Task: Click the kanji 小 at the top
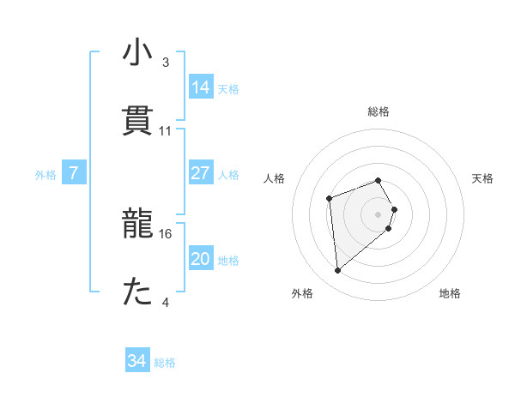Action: coord(137,53)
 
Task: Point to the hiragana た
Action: coord(137,293)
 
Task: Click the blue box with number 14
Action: coord(201,87)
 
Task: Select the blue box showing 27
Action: coord(201,173)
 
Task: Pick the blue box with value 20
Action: coord(201,259)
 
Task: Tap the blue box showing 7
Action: coord(74,173)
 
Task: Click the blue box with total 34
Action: coord(137,361)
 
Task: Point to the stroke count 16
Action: coord(167,233)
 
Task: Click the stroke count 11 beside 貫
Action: coord(166,130)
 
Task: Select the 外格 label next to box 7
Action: coord(45,175)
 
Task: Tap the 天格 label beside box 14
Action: coord(228,89)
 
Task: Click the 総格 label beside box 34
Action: coord(165,363)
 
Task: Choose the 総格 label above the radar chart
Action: coord(379,111)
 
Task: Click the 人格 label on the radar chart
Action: coord(275,178)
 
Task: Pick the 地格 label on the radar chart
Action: coord(450,293)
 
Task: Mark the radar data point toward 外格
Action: coord(338,271)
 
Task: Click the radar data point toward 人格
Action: coord(329,199)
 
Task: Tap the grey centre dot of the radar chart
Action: coord(379,214)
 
